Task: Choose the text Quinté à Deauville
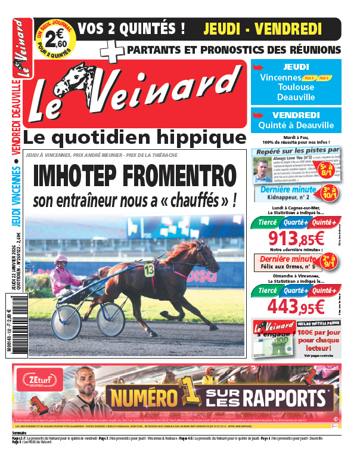(x=296, y=126)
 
